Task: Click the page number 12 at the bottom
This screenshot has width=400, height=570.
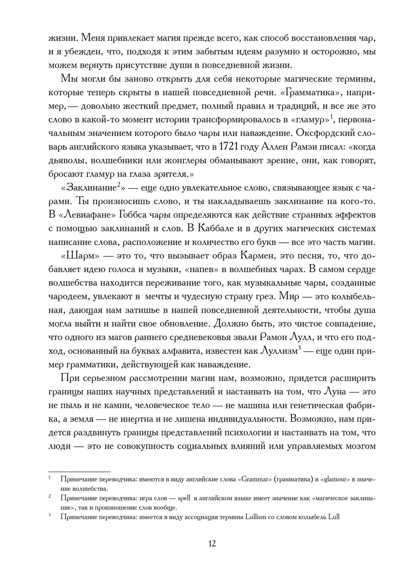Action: point(212,543)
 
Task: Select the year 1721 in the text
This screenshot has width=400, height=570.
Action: point(229,147)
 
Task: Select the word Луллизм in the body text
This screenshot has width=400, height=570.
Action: point(279,351)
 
